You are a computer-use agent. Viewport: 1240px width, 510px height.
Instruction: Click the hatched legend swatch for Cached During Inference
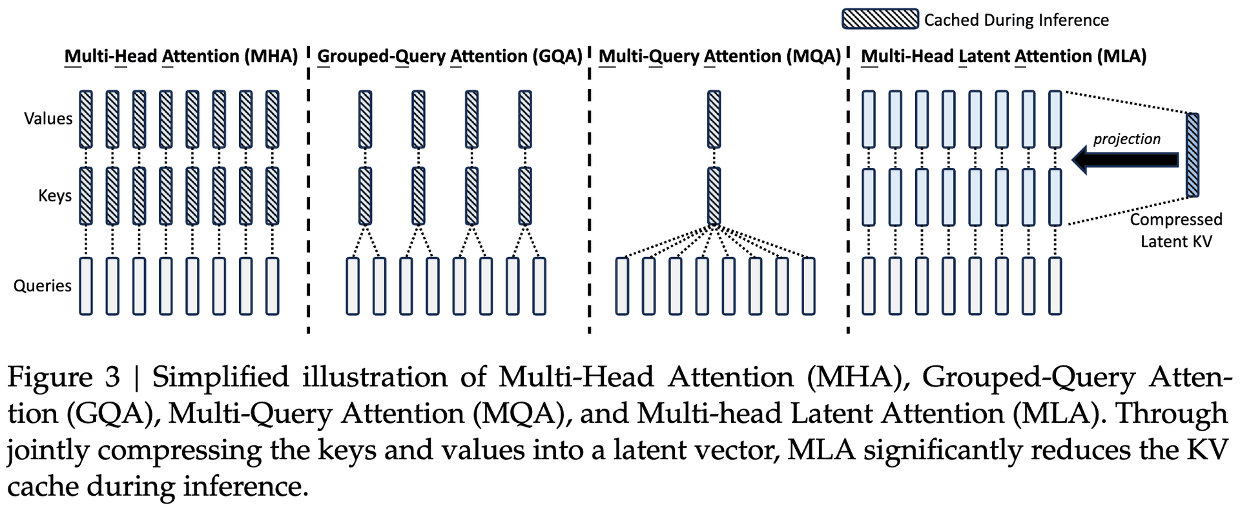pyautogui.click(x=880, y=19)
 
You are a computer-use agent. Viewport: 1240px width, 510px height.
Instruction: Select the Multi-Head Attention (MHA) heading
pyautogui.click(x=181, y=56)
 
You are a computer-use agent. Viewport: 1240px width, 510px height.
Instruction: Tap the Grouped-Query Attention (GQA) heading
pyautogui.click(x=449, y=56)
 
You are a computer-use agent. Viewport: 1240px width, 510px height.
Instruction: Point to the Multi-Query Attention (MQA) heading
pyautogui.click(x=719, y=56)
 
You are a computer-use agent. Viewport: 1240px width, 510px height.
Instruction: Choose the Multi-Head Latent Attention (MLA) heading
pyautogui.click(x=1004, y=56)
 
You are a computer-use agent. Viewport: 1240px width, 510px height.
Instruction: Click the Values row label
pyautogui.click(x=48, y=119)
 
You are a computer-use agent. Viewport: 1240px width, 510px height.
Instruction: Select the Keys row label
pyautogui.click(x=55, y=196)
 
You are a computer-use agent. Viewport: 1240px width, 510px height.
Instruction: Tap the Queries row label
pyautogui.click(x=43, y=285)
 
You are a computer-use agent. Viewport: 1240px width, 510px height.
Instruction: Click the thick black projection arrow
pyautogui.click(x=1125, y=159)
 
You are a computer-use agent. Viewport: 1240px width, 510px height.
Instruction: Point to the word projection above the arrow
pyautogui.click(x=1126, y=139)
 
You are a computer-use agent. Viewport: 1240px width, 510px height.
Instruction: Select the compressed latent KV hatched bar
pyautogui.click(x=1192, y=155)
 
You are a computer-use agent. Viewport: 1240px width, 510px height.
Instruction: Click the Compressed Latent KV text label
pyautogui.click(x=1176, y=230)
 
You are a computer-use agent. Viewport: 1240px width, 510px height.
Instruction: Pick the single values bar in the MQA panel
pyautogui.click(x=714, y=119)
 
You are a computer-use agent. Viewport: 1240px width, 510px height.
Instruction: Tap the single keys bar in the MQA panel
pyautogui.click(x=714, y=196)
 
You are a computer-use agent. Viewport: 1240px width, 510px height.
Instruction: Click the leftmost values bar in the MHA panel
pyautogui.click(x=86, y=119)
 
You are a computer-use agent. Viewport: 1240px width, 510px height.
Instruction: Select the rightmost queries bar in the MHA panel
pyautogui.click(x=273, y=286)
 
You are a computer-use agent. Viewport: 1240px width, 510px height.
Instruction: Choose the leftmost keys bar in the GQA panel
pyautogui.click(x=365, y=196)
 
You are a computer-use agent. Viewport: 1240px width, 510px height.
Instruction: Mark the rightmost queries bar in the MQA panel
pyautogui.click(x=809, y=286)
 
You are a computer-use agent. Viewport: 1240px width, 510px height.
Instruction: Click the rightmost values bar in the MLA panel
pyautogui.click(x=1055, y=119)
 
